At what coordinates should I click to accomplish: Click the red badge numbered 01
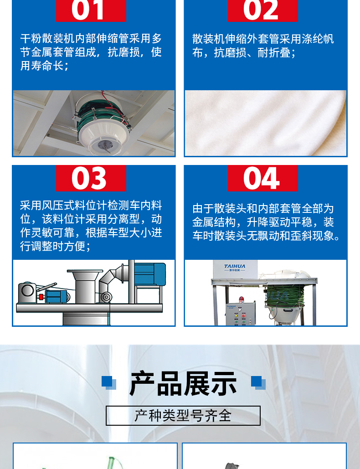[91, 10]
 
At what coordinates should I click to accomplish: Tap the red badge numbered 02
[263, 10]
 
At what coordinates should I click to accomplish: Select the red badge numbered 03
[91, 178]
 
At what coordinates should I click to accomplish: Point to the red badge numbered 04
[263, 178]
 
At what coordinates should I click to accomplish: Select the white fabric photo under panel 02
[266, 123]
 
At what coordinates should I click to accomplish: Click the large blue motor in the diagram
[149, 273]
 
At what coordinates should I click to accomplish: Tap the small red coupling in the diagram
[41, 296]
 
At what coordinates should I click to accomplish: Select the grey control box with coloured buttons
[241, 314]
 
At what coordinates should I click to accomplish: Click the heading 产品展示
[183, 383]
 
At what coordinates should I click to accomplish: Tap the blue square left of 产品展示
[108, 382]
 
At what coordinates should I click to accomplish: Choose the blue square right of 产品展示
[258, 382]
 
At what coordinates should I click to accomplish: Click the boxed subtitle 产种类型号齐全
[183, 416]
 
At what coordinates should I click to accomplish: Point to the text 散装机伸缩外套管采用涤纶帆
[263, 39]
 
